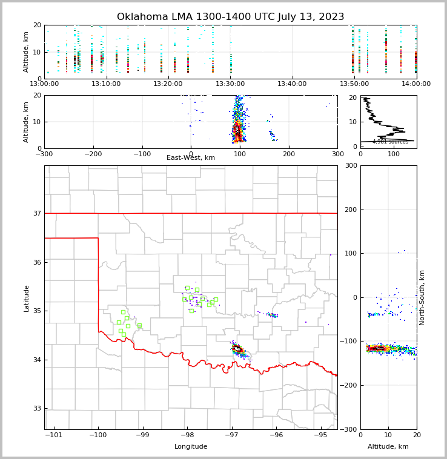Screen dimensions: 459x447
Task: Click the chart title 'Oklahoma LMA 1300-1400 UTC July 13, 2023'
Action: (x=230, y=17)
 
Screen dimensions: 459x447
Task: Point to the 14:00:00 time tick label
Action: (x=416, y=84)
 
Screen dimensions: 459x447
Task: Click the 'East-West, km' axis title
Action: (x=191, y=158)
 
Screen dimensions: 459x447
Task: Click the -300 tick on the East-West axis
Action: (x=44, y=154)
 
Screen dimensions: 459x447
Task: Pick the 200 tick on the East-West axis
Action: (x=288, y=154)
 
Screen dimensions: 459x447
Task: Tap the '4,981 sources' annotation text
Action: (x=390, y=142)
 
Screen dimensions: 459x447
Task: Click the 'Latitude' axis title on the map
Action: (x=27, y=298)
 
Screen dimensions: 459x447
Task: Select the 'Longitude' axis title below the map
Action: (x=191, y=447)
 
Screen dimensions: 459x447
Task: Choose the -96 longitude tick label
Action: (x=276, y=435)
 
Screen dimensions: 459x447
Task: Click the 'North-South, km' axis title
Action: (x=422, y=297)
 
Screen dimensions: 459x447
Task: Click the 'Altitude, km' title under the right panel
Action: (x=388, y=447)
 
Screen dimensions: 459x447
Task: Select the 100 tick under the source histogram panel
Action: (x=394, y=154)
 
